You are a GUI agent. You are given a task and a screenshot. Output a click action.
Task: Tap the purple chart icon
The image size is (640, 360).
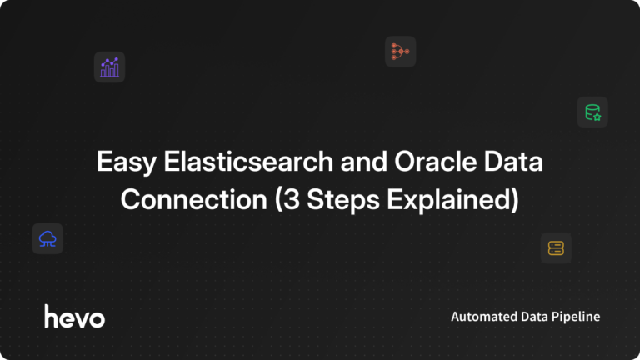pyautogui.click(x=109, y=67)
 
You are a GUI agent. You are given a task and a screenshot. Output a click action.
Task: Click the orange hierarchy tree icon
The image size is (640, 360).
pyautogui.click(x=400, y=52)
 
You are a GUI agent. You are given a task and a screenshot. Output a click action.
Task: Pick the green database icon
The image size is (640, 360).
pyautogui.click(x=592, y=112)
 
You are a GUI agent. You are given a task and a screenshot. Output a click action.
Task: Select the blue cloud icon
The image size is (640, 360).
pyautogui.click(x=47, y=239)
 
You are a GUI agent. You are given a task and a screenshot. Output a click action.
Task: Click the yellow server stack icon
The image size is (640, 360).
pyautogui.click(x=556, y=247)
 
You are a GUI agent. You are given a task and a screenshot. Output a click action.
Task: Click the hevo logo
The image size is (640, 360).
pyautogui.click(x=74, y=317)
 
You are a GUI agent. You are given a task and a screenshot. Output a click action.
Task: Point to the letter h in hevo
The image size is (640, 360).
pyautogui.click(x=51, y=316)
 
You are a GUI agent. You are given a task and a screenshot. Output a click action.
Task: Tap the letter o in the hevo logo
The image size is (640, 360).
pyautogui.click(x=97, y=318)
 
